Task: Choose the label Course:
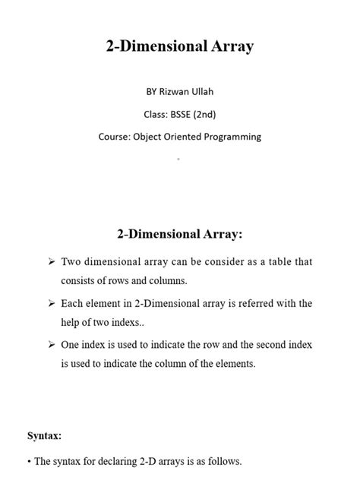click(115, 137)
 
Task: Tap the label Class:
click(156, 115)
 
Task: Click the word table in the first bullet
click(266, 262)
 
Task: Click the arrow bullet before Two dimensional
click(51, 262)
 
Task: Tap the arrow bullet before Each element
click(51, 304)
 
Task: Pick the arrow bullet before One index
click(51, 345)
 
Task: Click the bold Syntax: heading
click(45, 435)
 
